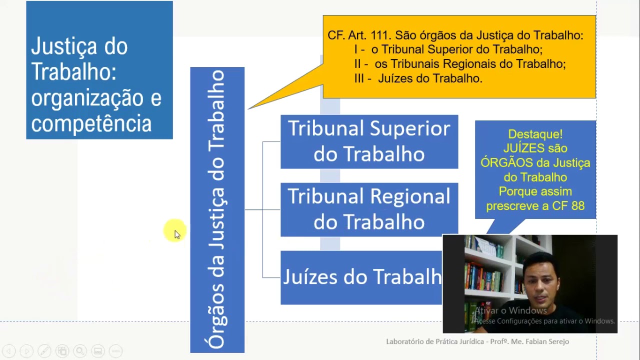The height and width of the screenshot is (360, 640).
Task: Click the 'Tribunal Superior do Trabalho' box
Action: point(369,141)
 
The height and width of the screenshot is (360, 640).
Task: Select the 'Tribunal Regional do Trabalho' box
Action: point(369,209)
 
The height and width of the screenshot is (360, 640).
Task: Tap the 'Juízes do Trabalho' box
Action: point(361,277)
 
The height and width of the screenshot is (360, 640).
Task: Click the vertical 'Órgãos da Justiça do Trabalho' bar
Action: point(217,210)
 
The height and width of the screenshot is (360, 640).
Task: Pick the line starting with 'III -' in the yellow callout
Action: point(418,78)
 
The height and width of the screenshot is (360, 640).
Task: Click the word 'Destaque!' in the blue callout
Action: point(535,134)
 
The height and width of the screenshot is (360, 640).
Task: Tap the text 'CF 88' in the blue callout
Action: point(568,206)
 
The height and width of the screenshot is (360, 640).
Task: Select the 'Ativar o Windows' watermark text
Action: point(510,310)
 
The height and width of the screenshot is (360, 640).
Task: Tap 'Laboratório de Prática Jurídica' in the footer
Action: point(434,341)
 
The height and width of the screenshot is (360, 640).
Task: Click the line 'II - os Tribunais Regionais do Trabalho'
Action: point(460,64)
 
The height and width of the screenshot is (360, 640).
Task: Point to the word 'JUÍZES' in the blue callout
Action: point(521,148)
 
